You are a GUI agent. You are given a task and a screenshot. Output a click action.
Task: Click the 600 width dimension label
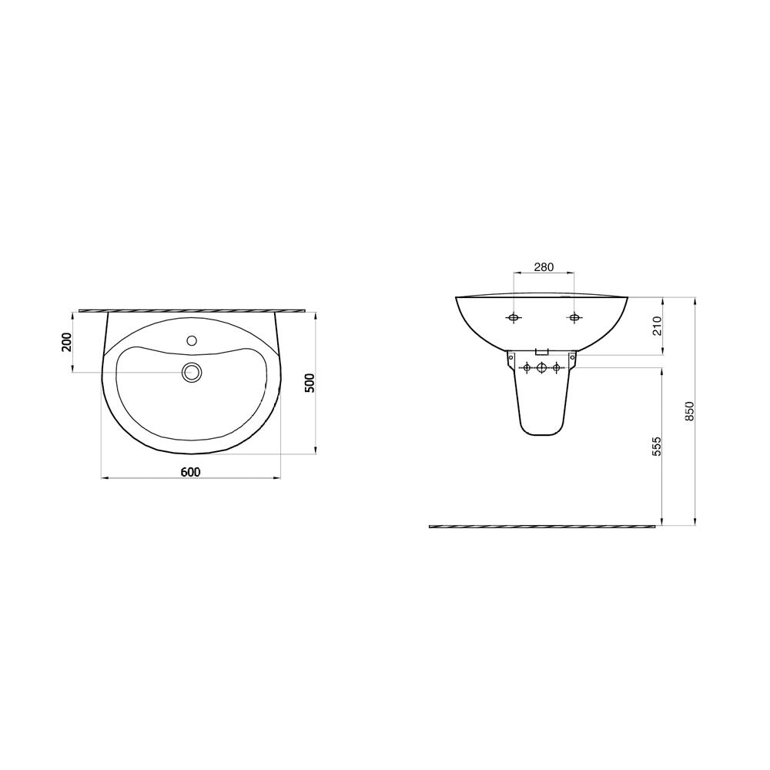pyautogui.click(x=191, y=471)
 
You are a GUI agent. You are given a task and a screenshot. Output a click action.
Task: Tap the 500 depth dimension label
pyautogui.click(x=310, y=383)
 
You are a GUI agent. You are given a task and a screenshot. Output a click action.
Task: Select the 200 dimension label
pyautogui.click(x=67, y=342)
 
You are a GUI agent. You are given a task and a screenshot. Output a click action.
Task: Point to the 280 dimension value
pyautogui.click(x=544, y=267)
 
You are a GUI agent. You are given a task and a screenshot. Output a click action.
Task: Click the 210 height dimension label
pyautogui.click(x=657, y=326)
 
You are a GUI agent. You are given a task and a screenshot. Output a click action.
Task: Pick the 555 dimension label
pyautogui.click(x=657, y=447)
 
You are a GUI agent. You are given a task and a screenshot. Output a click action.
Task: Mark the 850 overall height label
pyautogui.click(x=689, y=410)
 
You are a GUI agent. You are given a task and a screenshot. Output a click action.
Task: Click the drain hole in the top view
pyautogui.click(x=192, y=373)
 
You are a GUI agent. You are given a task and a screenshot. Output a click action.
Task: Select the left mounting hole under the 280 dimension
pyautogui.click(x=514, y=318)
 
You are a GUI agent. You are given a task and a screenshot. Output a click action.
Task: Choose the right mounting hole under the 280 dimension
pyautogui.click(x=574, y=318)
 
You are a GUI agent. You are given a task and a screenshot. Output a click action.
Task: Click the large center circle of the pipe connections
pyautogui.click(x=541, y=368)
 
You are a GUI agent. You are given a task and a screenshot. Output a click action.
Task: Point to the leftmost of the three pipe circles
pyautogui.click(x=527, y=368)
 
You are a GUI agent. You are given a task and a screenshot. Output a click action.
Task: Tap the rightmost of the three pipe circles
pyautogui.click(x=555, y=368)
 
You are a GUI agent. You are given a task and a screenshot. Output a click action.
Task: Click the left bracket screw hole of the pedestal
pyautogui.click(x=511, y=357)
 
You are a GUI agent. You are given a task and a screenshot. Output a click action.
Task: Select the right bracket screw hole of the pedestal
pyautogui.click(x=571, y=357)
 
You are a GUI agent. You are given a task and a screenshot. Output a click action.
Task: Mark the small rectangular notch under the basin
pyautogui.click(x=541, y=350)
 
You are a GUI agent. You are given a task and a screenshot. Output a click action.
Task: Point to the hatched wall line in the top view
pyautogui.click(x=192, y=310)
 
